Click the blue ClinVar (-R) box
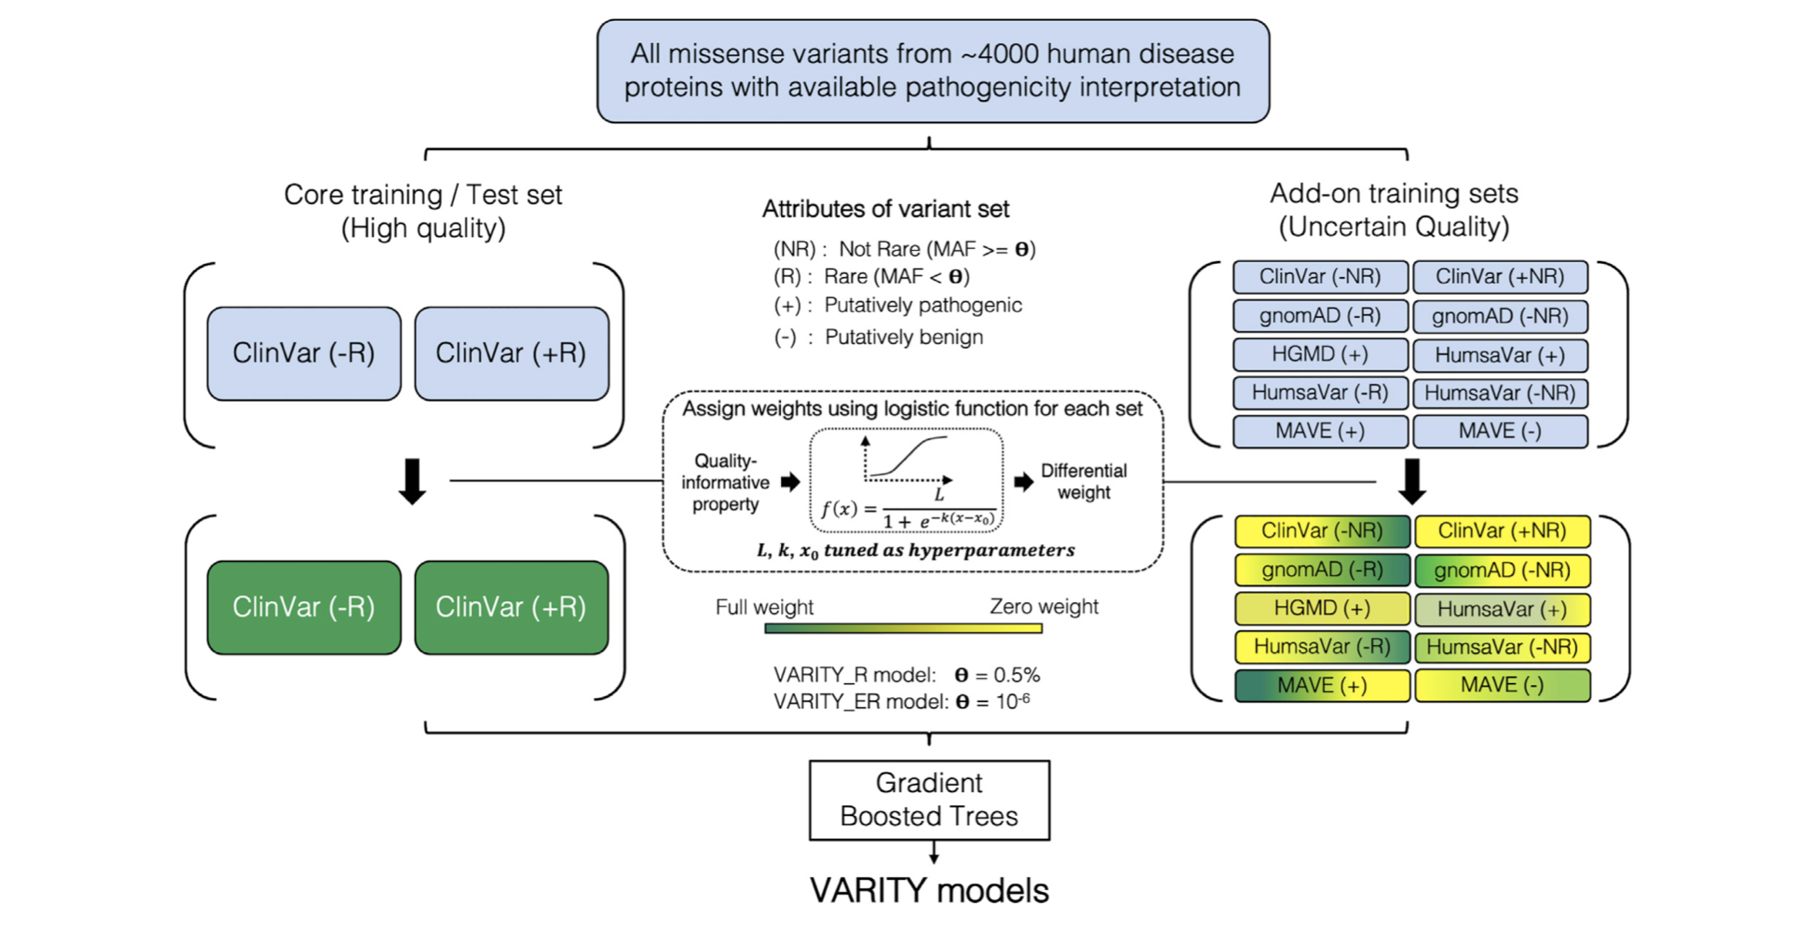pyautogui.click(x=303, y=353)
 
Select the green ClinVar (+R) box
pyautogui.click(x=511, y=607)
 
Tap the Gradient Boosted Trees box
pyautogui.click(x=929, y=800)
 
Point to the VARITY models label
pyautogui.click(x=929, y=891)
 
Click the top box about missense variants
pyautogui.click(x=933, y=71)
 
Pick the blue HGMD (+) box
pyautogui.click(x=1320, y=354)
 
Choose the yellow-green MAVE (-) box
pyautogui.click(x=1502, y=685)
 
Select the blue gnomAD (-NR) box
pyautogui.click(x=1500, y=316)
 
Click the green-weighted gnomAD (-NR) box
pyautogui.click(x=1502, y=570)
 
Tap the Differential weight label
pyautogui.click(x=1084, y=482)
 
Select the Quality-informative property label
pyautogui.click(x=725, y=483)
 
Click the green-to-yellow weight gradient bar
pyautogui.click(x=903, y=629)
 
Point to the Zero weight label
pyautogui.click(x=1044, y=607)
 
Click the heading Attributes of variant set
pyautogui.click(x=886, y=209)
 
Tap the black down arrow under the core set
pyautogui.click(x=413, y=481)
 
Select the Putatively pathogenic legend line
pyautogui.click(x=898, y=306)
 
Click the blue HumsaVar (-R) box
pyautogui.click(x=1320, y=393)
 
